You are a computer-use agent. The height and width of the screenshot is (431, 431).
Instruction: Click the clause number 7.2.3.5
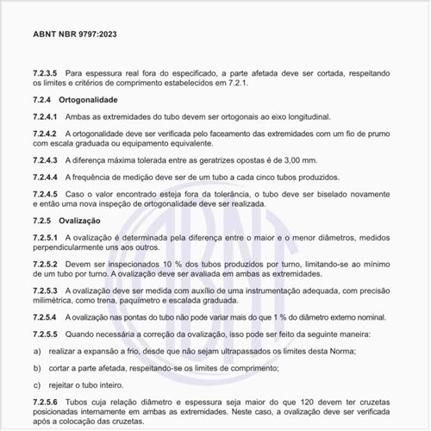pyautogui.click(x=47, y=75)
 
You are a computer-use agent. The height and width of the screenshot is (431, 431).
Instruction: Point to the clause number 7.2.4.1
pyautogui.click(x=47, y=116)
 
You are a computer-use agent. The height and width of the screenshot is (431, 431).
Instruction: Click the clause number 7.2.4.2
pyautogui.click(x=47, y=134)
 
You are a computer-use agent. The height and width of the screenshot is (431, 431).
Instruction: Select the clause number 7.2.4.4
pyautogui.click(x=47, y=177)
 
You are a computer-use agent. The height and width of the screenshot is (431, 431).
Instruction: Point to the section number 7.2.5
pyautogui.click(x=43, y=221)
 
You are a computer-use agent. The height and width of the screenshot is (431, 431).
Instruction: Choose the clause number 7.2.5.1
pyautogui.click(x=47, y=237)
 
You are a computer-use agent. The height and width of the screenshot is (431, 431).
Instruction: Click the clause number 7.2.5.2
pyautogui.click(x=47, y=264)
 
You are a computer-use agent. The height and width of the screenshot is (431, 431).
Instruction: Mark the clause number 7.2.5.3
pyautogui.click(x=47, y=290)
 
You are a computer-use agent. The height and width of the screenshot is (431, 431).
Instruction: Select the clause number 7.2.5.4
pyautogui.click(x=47, y=317)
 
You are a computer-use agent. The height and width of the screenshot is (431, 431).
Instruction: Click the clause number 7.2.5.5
pyautogui.click(x=47, y=334)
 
